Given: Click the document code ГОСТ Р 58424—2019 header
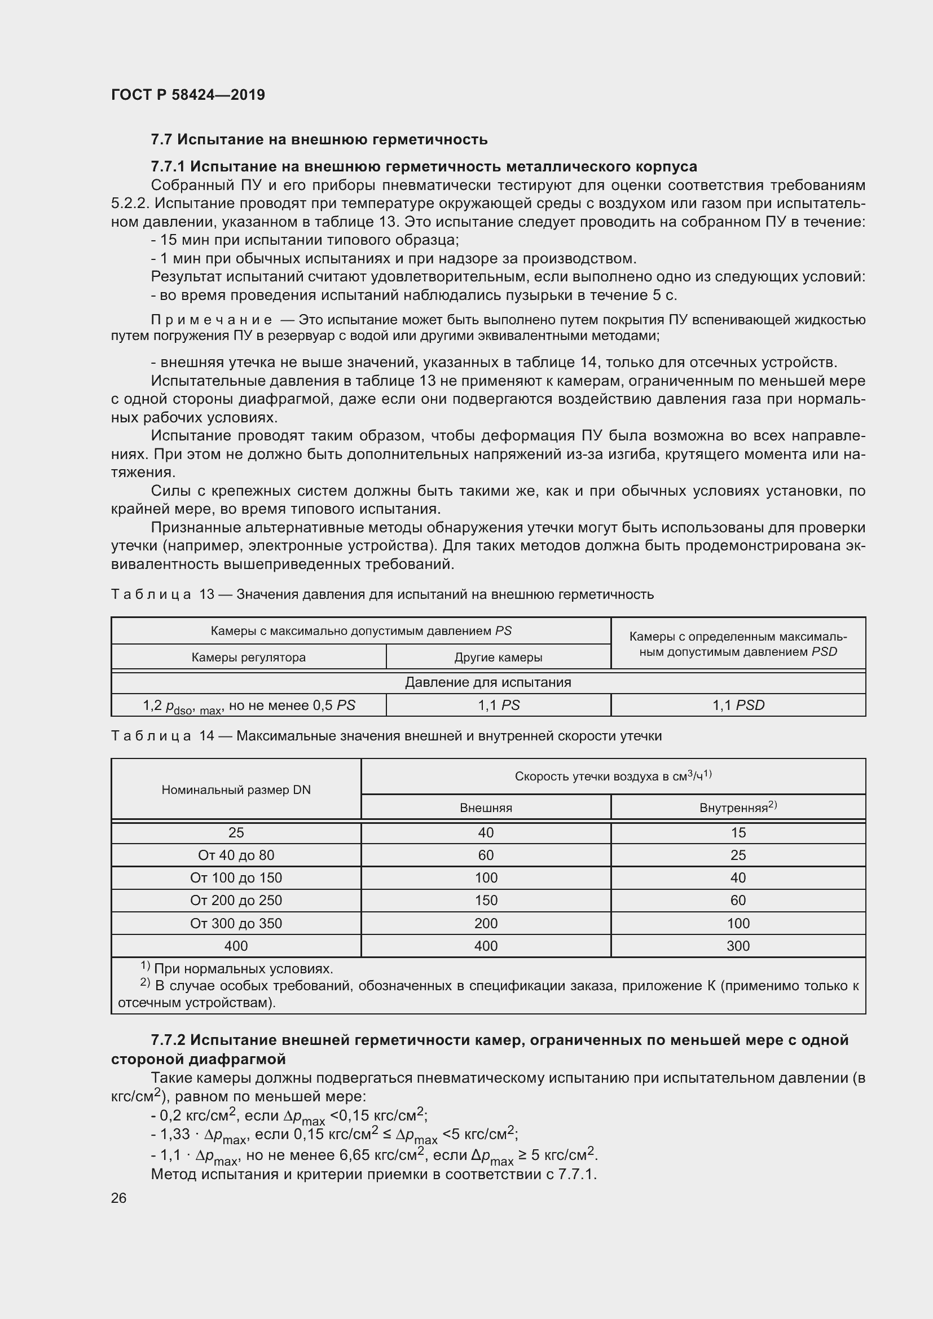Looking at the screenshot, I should pyautogui.click(x=188, y=95).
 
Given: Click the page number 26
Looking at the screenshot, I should pyautogui.click(x=118, y=1198).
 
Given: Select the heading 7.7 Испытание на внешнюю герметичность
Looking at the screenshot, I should pyautogui.click(x=319, y=139).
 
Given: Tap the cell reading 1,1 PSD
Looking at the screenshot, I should pyautogui.click(x=738, y=705).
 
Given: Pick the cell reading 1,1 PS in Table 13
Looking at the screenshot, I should pyautogui.click(x=498, y=705).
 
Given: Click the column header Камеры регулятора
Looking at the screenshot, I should pyautogui.click(x=248, y=657).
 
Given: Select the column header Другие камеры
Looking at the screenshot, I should pyautogui.click(x=498, y=657).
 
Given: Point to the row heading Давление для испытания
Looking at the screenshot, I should pyautogui.click(x=488, y=682).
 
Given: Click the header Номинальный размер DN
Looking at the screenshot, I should pyautogui.click(x=236, y=789).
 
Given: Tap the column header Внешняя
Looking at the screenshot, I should pyautogui.click(x=486, y=808).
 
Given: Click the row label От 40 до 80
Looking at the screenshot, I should pyautogui.click(x=236, y=855).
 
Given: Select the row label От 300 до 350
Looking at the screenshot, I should pyautogui.click(x=236, y=923).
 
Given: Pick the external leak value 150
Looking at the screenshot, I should pyautogui.click(x=486, y=900).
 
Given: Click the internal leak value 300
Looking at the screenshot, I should pyautogui.click(x=738, y=946).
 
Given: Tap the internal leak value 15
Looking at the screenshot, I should pyautogui.click(x=738, y=832).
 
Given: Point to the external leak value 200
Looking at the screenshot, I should pyautogui.click(x=486, y=923).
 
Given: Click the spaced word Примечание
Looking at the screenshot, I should pyautogui.click(x=211, y=319).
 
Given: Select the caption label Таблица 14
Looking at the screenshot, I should pyautogui.click(x=162, y=736).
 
